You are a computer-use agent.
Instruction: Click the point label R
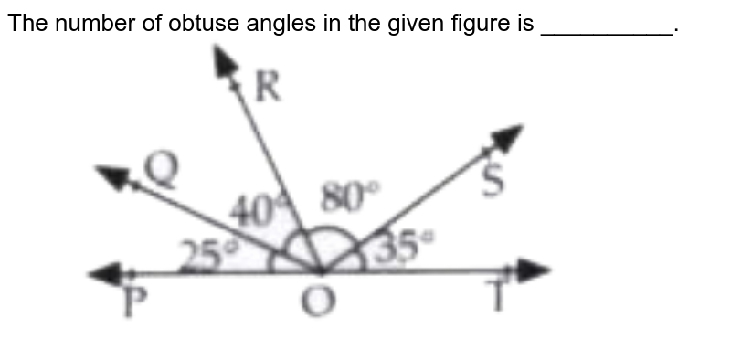pyautogui.click(x=268, y=89)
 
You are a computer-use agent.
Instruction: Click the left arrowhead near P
pyautogui.click(x=101, y=272)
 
